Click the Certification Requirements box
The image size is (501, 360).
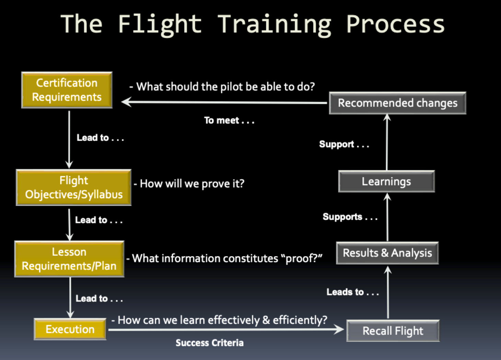67,90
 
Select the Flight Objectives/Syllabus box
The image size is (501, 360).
73,188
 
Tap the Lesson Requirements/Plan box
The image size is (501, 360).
69,259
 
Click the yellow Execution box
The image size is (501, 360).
70,329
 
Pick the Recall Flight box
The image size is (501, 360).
393,331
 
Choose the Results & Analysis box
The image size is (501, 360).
387,253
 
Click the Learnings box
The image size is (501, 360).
386,181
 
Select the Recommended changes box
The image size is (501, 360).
397,103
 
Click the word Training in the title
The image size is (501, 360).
275,25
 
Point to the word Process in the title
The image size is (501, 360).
395,25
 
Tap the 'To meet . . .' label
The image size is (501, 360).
229,121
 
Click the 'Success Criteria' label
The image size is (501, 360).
209,343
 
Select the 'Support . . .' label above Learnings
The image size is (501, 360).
344,144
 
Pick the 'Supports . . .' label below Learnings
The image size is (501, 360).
350,217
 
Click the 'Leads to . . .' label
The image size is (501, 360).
352,292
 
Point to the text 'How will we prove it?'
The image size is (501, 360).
192,184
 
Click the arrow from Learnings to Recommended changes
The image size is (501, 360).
387,142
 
